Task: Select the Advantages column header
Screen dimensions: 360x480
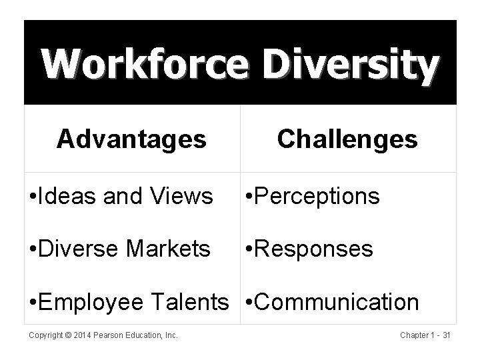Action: coord(131,139)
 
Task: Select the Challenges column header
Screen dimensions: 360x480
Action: coord(347,139)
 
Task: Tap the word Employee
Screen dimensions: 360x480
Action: coord(99,303)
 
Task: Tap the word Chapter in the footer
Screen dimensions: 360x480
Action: coord(414,335)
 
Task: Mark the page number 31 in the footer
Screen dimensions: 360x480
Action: coord(446,335)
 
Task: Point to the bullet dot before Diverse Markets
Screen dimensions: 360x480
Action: coord(35,250)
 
